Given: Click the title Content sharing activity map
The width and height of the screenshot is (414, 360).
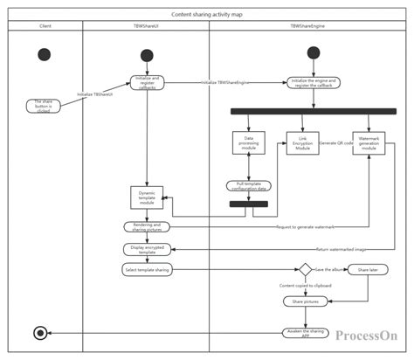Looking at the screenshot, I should coord(207,14).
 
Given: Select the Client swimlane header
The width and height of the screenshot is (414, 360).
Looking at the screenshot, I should coord(45,26).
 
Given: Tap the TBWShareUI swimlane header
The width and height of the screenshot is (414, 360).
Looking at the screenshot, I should coord(146,26).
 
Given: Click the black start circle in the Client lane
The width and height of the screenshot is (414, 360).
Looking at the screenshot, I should coord(45,55).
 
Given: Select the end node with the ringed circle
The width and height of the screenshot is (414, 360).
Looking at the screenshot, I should coord(39,332).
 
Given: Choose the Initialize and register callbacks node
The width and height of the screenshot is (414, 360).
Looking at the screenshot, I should coord(147,83).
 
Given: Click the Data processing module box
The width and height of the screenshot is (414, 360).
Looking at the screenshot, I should coord(249,143).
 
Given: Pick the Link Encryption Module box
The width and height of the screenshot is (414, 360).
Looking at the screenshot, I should coord(302,143).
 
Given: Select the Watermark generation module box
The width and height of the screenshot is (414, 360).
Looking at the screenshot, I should coord(369,143).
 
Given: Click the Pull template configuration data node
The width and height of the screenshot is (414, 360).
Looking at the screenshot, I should coord(249,185).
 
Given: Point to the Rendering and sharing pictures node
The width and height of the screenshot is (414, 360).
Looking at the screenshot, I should coord(147,226).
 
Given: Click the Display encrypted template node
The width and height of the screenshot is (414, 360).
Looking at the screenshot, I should coord(147,249).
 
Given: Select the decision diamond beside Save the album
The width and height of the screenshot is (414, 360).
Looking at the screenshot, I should coord(307,270).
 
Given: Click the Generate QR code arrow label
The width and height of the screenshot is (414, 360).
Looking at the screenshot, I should coord(335,142).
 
